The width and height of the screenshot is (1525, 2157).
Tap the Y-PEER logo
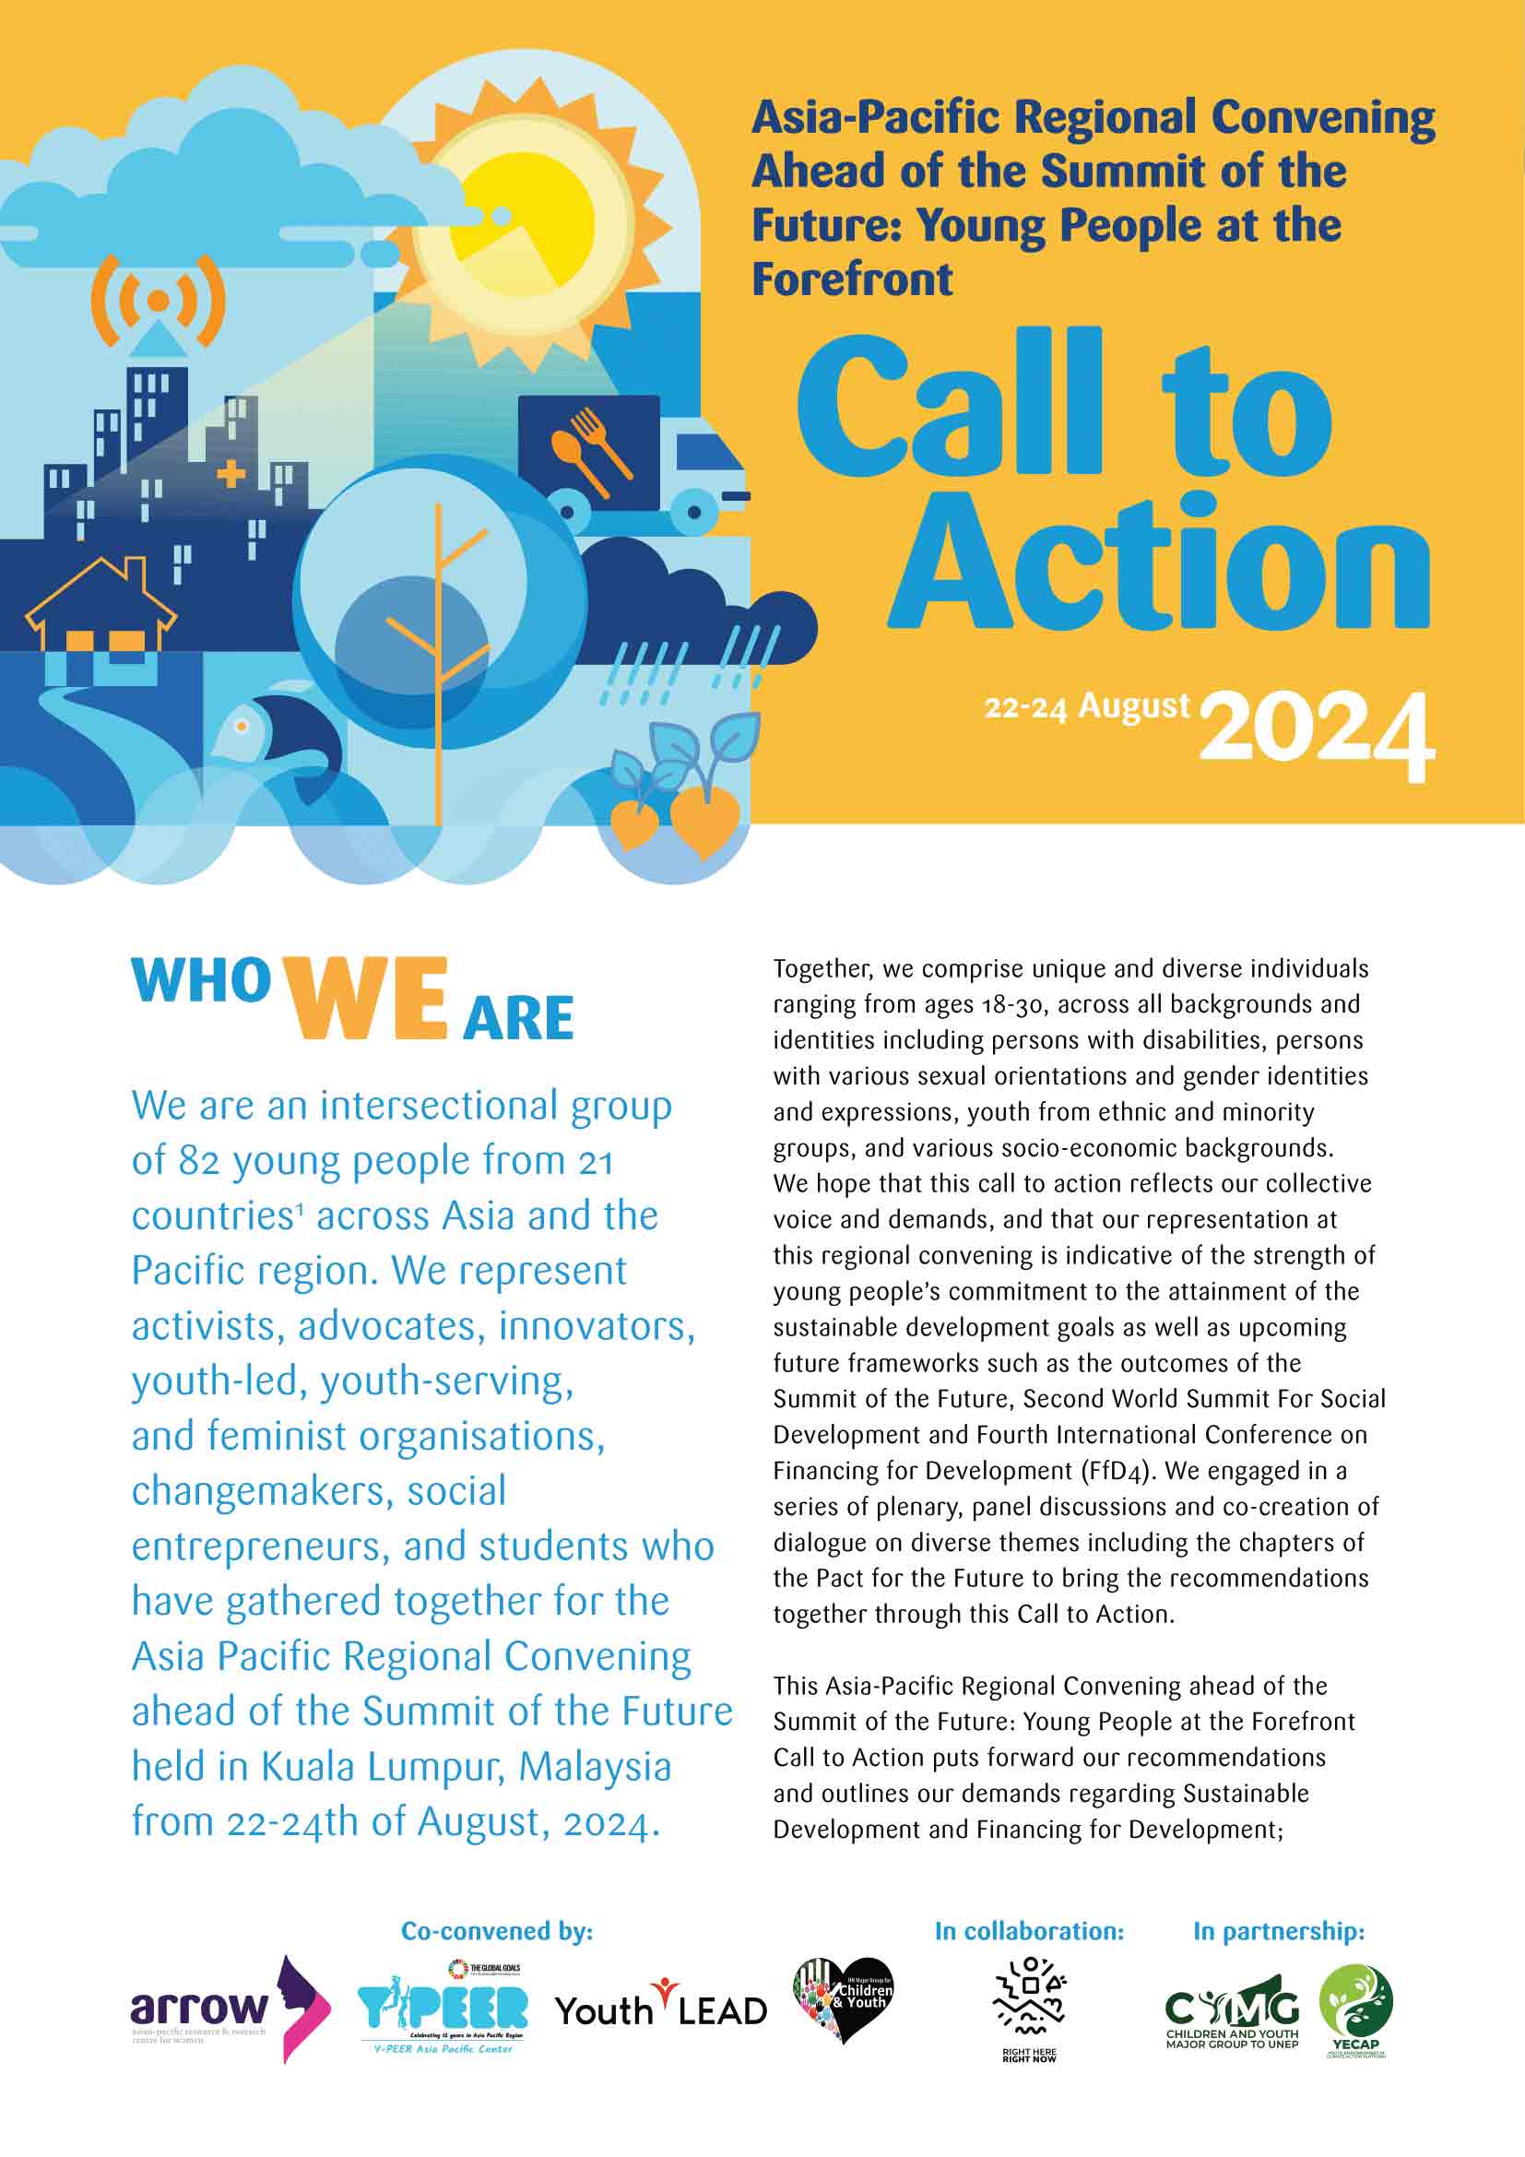pyautogui.click(x=443, y=2009)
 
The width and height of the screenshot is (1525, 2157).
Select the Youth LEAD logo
pyautogui.click(x=660, y=2009)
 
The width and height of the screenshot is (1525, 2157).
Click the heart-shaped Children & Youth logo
pyautogui.click(x=843, y=1998)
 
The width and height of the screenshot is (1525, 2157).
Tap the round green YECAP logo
pyautogui.click(x=1356, y=2003)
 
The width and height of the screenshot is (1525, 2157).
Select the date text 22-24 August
pyautogui.click(x=1086, y=706)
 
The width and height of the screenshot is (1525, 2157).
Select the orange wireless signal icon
pyautogui.click(x=158, y=300)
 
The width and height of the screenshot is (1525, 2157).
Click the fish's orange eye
pyautogui.click(x=242, y=725)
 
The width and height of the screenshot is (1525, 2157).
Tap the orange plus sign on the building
pyautogui.click(x=231, y=473)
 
